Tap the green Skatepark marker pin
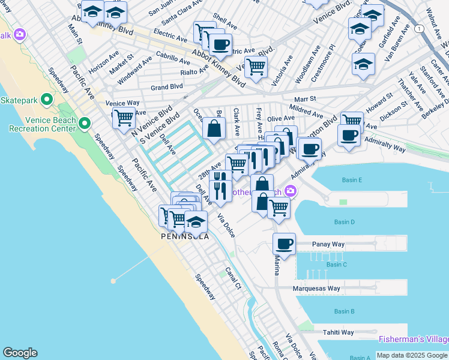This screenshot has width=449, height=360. pos(45,100)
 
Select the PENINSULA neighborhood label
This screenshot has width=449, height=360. pos(185,236)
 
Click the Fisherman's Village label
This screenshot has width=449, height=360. pos(414,340)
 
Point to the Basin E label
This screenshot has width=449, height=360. pos(352,180)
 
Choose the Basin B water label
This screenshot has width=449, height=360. pos(344,311)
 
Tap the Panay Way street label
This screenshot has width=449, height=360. pos(329,245)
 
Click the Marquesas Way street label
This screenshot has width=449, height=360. pos(316,289)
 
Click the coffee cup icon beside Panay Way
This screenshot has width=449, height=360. pos(285,244)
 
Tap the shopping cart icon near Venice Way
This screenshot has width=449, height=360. pos(124,118)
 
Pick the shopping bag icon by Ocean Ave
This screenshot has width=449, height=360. pos(214,127)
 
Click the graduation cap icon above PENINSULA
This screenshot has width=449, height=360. pos(196,221)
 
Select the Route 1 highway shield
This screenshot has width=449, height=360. pos(418,29)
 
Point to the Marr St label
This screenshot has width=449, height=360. pos(304,99)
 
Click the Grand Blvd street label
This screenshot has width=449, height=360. pos(166,87)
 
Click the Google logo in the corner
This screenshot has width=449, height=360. pos(20,353)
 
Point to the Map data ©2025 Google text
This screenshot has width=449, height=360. pos(412,355)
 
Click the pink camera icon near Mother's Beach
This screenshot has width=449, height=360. pos(291,191)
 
